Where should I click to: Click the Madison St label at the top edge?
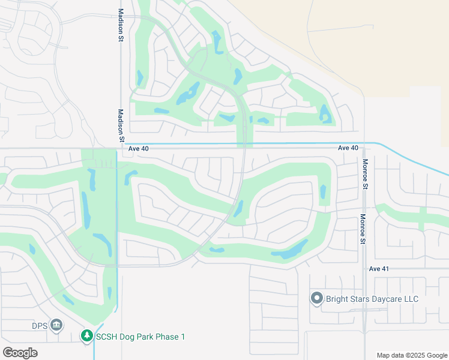click(121, 25)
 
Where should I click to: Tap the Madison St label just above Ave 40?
click(121, 125)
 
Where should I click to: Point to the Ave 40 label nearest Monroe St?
click(348, 148)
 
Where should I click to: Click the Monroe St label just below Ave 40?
click(364, 174)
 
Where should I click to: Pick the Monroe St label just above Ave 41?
click(363, 230)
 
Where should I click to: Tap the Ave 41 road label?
click(379, 269)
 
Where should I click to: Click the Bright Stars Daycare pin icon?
click(317, 298)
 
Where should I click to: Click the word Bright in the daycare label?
click(337, 298)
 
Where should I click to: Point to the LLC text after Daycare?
click(408, 298)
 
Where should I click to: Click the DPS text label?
click(40, 326)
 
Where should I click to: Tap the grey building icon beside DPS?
click(56, 326)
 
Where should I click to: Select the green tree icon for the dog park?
click(88, 337)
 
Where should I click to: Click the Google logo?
click(20, 353)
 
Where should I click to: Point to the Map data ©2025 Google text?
click(411, 355)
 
